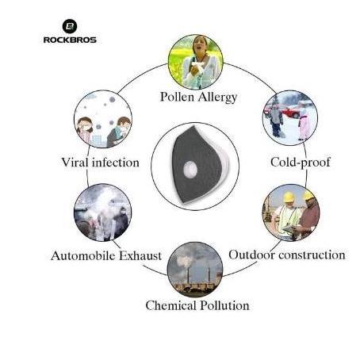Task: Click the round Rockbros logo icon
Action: click(x=70, y=26)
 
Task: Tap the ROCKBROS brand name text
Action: click(x=70, y=40)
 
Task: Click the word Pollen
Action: click(x=177, y=97)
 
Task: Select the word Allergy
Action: click(x=217, y=98)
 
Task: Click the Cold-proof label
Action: click(x=301, y=162)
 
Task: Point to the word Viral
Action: click(x=75, y=162)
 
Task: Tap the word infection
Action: click(x=116, y=163)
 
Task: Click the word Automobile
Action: click(x=83, y=255)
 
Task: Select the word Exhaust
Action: click(x=140, y=255)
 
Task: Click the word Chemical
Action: click(x=170, y=305)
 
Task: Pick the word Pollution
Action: click(x=224, y=305)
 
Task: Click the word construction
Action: click(x=312, y=255)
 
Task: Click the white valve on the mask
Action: click(x=190, y=169)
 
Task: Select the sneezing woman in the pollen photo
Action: click(x=200, y=63)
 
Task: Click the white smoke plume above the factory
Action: click(x=185, y=261)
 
